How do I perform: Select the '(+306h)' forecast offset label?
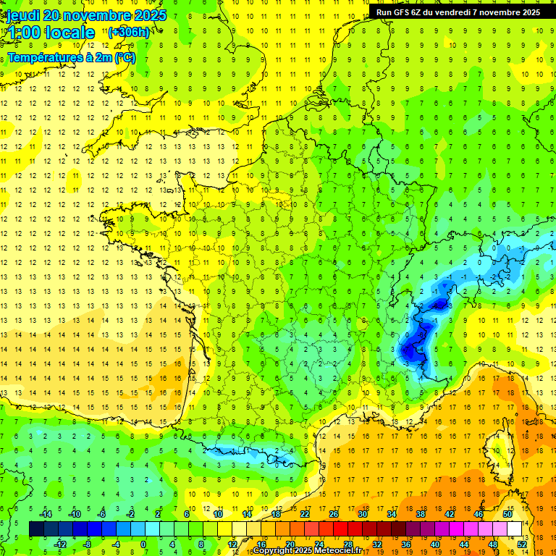(129, 32)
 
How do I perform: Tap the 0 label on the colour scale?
(143, 544)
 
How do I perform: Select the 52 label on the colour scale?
(521, 544)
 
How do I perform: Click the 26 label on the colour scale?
(334, 514)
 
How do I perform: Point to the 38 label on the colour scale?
(420, 514)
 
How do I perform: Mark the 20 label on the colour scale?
(290, 544)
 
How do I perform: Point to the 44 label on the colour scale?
(463, 544)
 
